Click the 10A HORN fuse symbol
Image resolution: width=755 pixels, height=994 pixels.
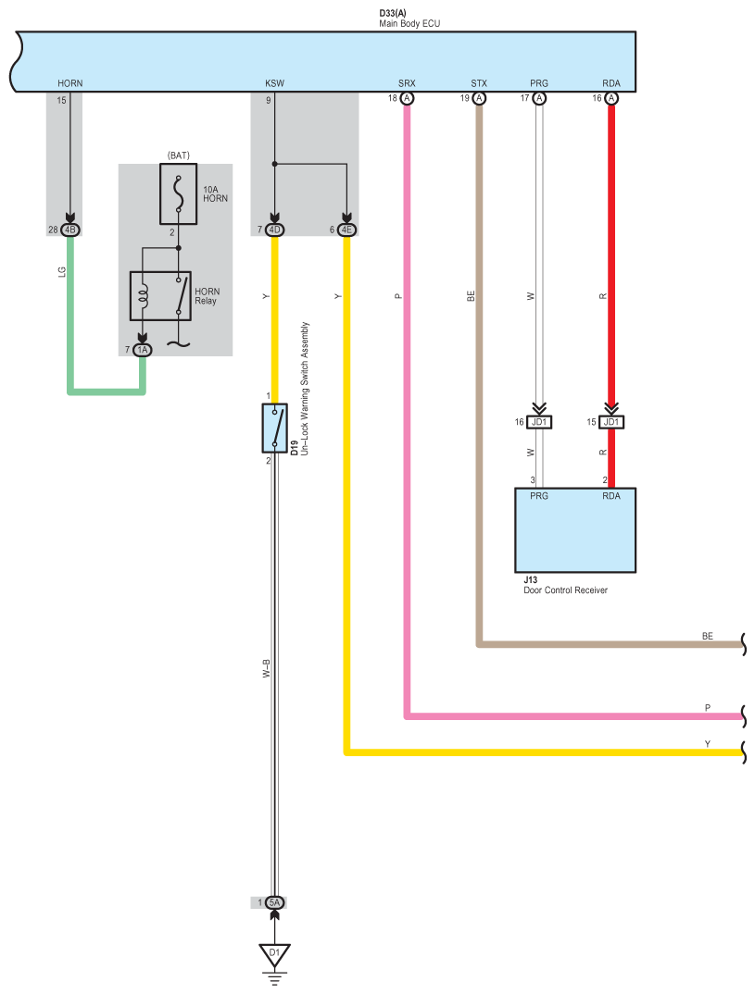178,194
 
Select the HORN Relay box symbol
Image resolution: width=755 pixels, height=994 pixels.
160,296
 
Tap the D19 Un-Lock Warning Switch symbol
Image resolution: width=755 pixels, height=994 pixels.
275,428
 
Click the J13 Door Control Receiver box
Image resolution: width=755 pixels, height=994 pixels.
574,530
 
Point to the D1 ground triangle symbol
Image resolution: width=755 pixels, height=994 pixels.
275,954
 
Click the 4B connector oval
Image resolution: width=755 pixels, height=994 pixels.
70,230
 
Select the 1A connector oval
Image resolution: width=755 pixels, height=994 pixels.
143,349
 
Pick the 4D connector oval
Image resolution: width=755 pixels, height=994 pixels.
275,230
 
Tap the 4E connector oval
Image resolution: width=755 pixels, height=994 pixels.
346,230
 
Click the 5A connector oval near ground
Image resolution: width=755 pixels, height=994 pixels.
275,902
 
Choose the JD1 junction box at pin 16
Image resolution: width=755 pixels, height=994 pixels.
539,422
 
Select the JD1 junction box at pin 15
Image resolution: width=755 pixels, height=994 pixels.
611,422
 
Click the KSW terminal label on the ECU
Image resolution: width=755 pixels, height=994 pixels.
275,83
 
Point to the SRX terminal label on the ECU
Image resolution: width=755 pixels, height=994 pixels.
407,83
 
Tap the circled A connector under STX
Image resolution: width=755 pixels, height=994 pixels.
479,98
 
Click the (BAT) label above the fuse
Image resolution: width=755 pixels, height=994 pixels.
178,155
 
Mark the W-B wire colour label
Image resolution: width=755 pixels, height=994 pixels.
267,669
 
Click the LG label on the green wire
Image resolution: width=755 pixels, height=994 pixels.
62,271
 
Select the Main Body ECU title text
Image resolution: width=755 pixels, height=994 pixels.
409,23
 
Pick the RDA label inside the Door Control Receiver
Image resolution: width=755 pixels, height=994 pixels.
611,496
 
